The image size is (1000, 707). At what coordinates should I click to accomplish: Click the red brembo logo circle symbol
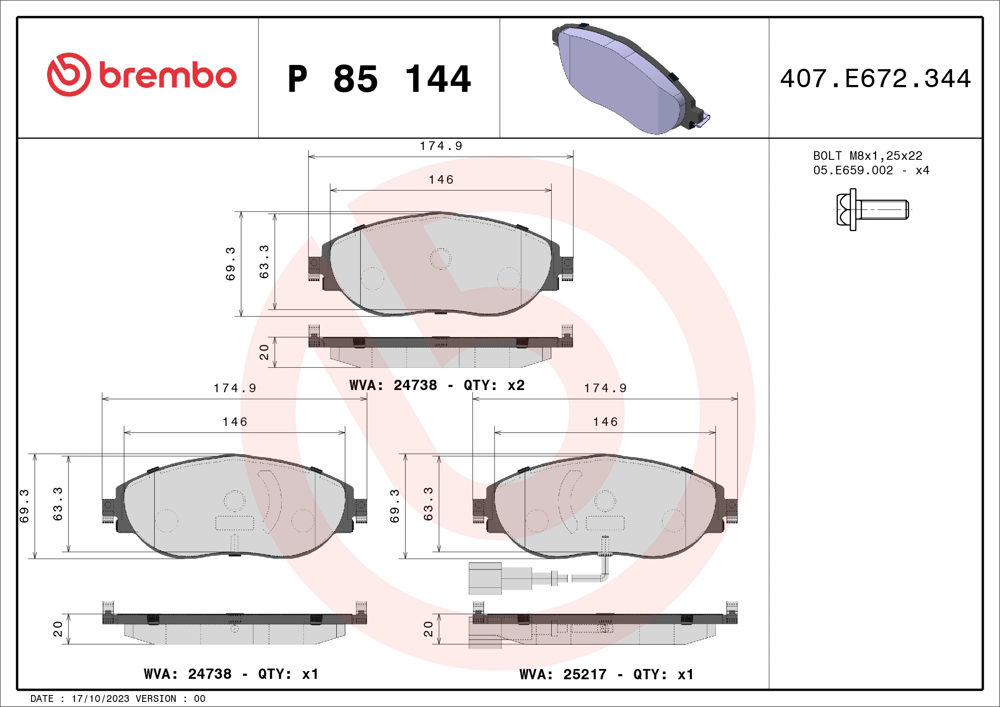click(x=69, y=74)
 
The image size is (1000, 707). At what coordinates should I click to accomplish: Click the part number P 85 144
click(x=379, y=79)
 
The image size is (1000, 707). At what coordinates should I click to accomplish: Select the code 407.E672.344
click(x=876, y=79)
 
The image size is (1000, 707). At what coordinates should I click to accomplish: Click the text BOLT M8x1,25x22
click(x=868, y=155)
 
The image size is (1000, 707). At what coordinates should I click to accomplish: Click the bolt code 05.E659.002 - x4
click(x=871, y=170)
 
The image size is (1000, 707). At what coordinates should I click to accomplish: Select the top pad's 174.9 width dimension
click(x=441, y=146)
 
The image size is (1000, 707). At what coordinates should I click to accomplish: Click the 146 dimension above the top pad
click(x=441, y=179)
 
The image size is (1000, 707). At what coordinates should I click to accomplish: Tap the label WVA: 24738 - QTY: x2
click(x=437, y=385)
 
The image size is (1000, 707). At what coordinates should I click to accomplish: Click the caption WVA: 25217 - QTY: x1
click(x=606, y=675)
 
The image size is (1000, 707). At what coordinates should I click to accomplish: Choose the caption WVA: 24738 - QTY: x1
click(x=231, y=674)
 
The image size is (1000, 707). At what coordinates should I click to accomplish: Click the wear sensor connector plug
click(x=485, y=578)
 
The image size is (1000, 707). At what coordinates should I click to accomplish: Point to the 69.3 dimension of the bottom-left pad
click(x=24, y=506)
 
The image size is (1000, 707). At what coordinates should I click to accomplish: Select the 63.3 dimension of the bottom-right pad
click(x=428, y=504)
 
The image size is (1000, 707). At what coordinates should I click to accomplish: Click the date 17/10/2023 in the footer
click(x=100, y=699)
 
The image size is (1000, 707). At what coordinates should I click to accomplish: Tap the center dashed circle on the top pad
click(x=440, y=259)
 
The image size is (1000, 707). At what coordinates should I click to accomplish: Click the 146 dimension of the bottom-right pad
click(x=605, y=421)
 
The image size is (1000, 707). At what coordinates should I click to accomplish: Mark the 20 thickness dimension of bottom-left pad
click(x=58, y=629)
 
